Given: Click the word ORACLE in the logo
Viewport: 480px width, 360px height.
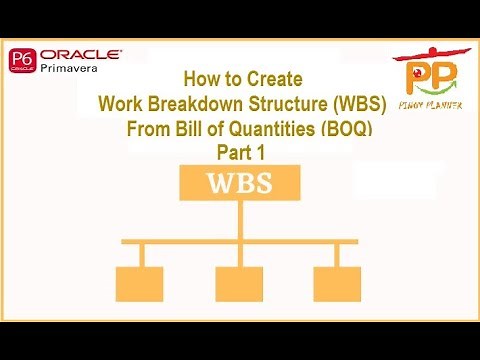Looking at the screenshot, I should tap(81, 55).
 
